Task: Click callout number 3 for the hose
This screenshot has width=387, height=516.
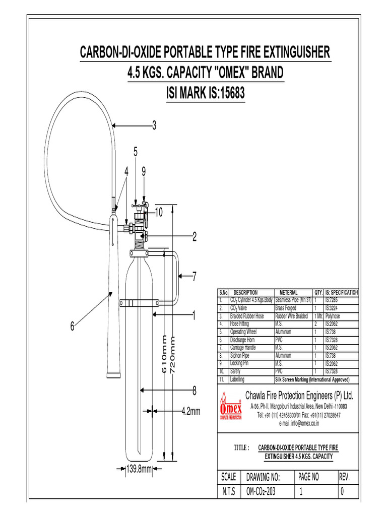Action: coord(155,125)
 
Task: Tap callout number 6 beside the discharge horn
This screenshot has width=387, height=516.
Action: coord(73,327)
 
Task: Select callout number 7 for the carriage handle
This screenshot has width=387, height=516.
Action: coord(194,276)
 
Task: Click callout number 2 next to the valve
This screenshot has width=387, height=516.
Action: coord(194,236)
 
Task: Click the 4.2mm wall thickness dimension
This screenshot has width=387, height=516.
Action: coord(191,412)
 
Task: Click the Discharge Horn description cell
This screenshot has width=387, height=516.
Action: coord(242,341)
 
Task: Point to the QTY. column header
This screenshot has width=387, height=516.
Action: coord(318,292)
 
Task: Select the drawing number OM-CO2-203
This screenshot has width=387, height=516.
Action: coord(261,492)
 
